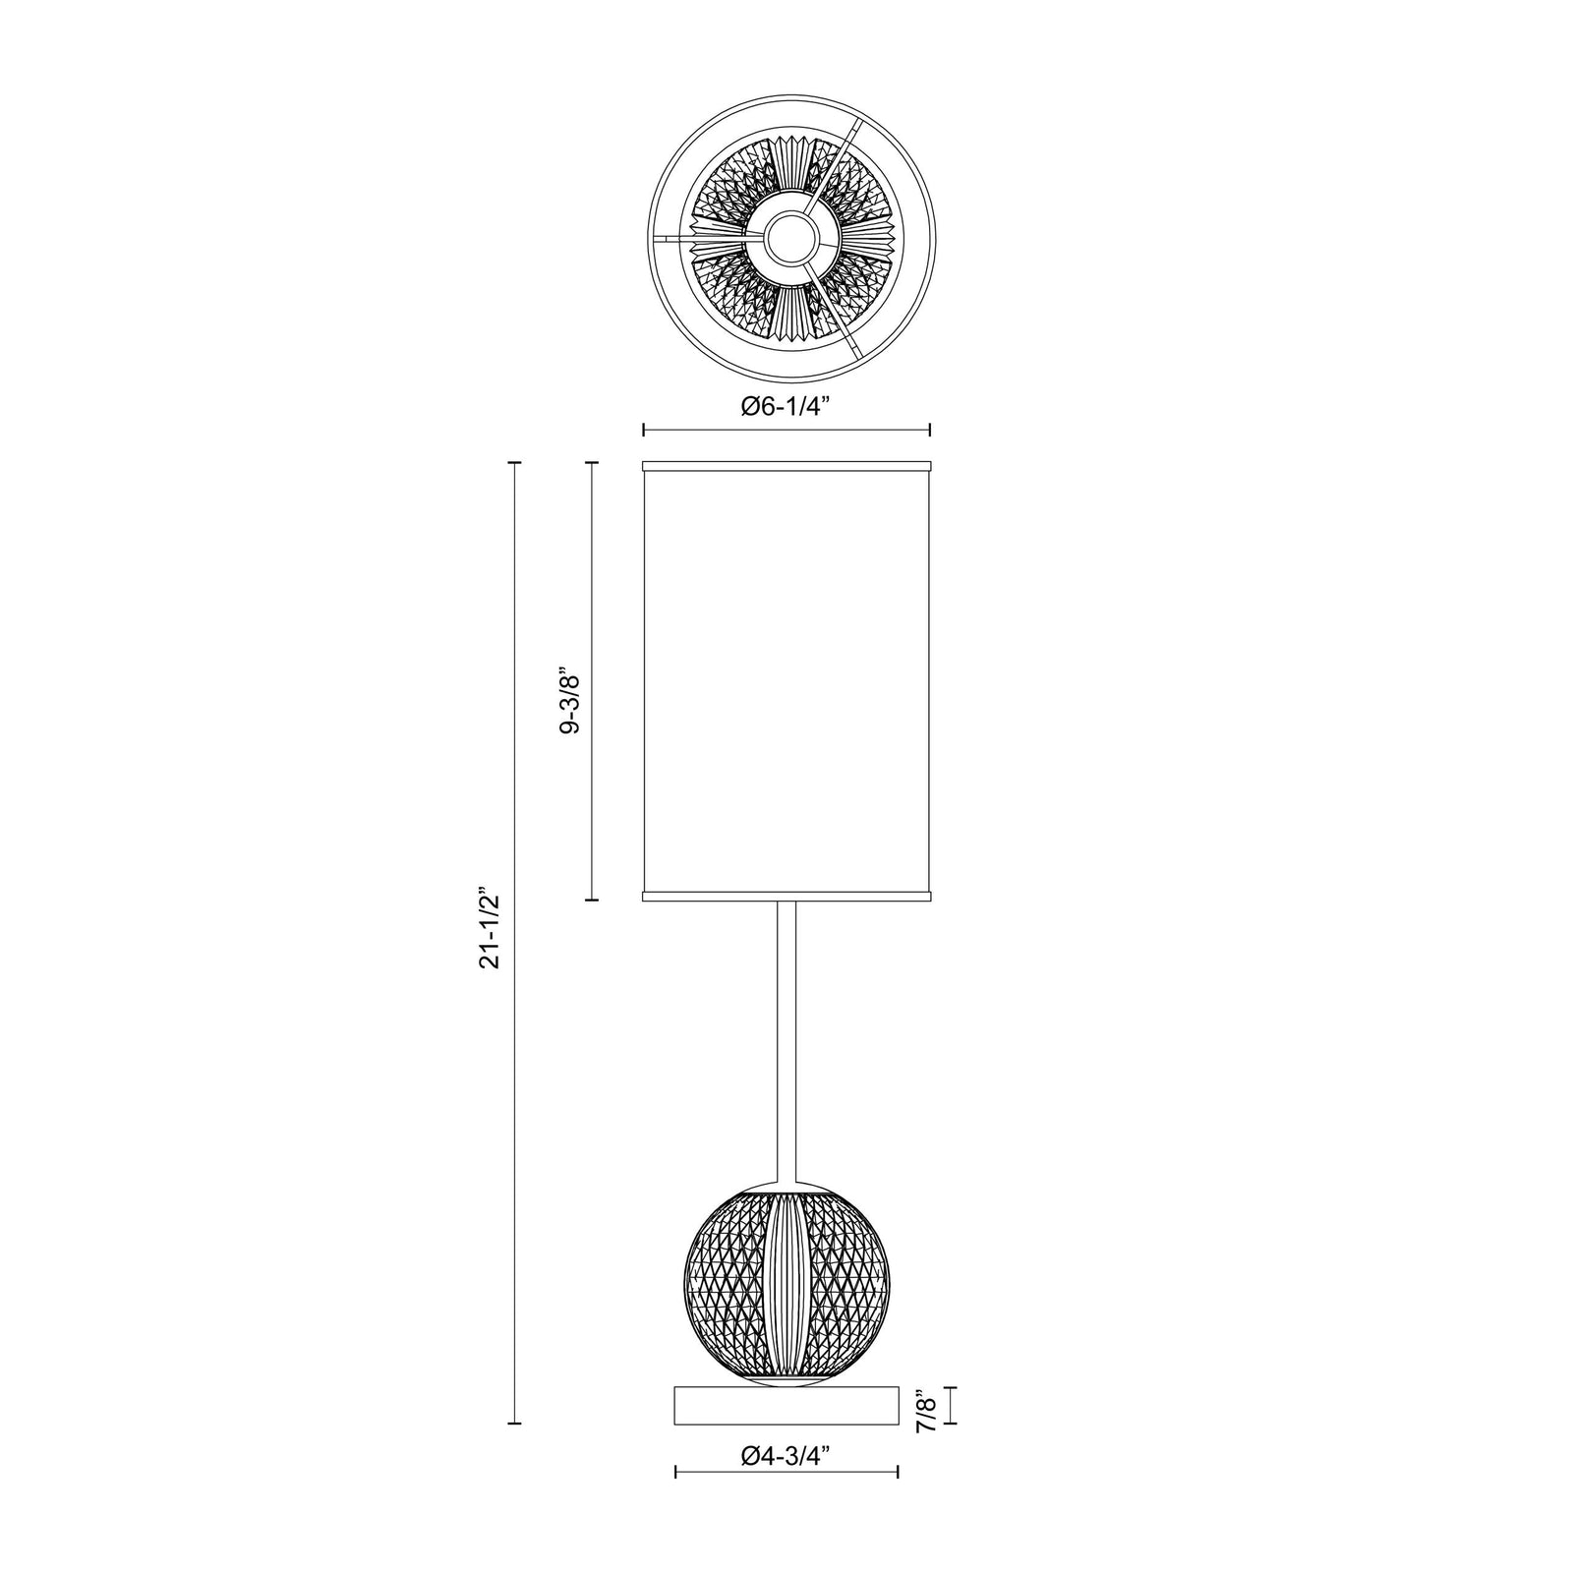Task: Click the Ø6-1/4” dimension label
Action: (x=786, y=405)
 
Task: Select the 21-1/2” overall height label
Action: (x=491, y=929)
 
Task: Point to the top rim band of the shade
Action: (x=786, y=466)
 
